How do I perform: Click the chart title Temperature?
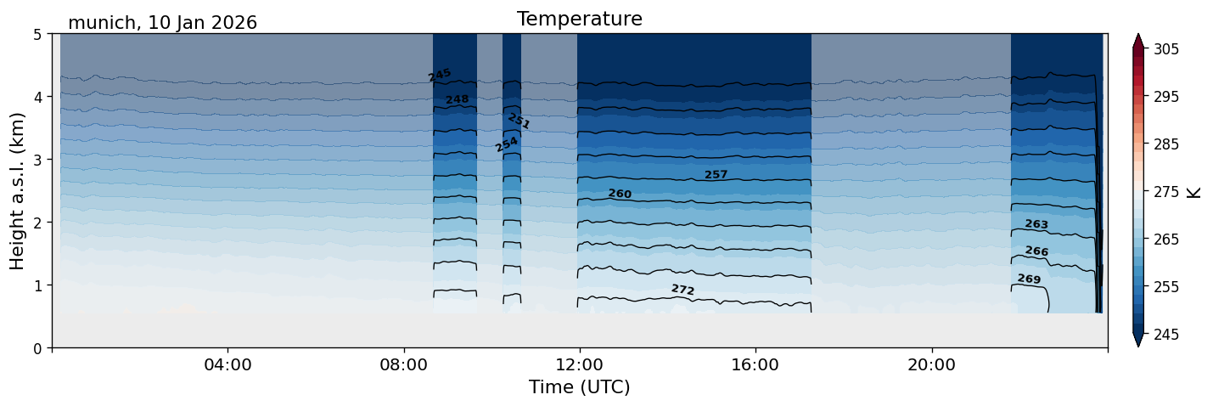point(579,19)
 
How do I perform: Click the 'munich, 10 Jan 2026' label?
point(162,23)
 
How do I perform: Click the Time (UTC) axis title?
point(579,387)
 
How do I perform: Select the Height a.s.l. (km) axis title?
point(18,191)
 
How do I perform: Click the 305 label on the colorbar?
point(1165,49)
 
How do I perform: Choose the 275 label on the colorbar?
point(1165,192)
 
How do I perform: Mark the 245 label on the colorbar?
point(1165,335)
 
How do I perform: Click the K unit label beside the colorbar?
point(1194,192)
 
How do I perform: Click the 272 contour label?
point(682,290)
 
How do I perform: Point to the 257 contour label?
point(716,175)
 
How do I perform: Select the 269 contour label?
point(1029,279)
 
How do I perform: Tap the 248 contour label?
point(457,99)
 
